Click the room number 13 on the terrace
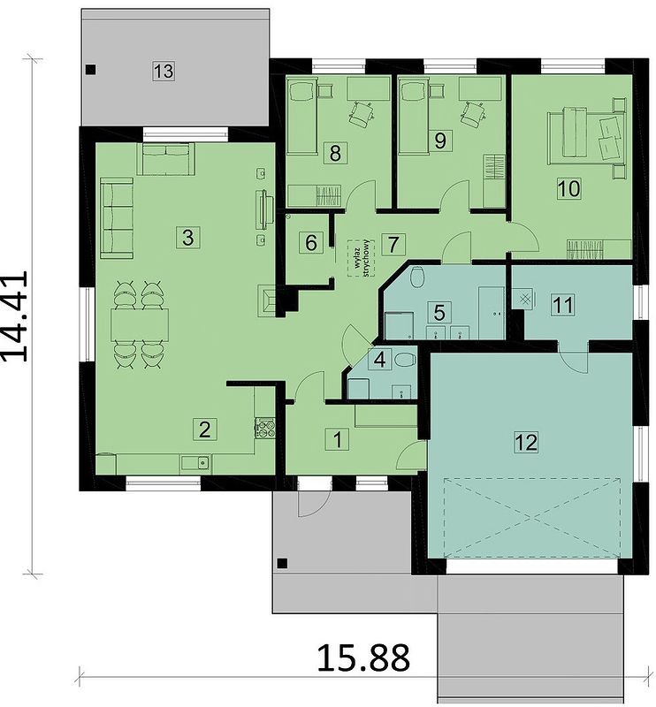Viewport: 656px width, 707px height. tap(164, 71)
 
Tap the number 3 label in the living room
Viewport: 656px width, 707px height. tap(188, 237)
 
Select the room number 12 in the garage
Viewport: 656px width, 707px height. tap(526, 442)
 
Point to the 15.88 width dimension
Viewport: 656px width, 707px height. tap(363, 658)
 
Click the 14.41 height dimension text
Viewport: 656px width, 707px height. tap(16, 316)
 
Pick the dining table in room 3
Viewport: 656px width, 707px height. tap(140, 324)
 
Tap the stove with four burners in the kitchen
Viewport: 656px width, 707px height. tap(265, 428)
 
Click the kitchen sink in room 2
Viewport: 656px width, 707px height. tap(195, 462)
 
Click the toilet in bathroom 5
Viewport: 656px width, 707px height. tap(417, 277)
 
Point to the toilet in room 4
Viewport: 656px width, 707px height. tap(405, 360)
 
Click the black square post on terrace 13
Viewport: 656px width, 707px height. tap(91, 70)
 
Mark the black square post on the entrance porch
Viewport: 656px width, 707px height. tap(282, 563)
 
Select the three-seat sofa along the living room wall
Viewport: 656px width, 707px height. tap(117, 218)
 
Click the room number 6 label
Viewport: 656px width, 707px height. tap(311, 242)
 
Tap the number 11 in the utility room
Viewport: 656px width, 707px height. tap(563, 305)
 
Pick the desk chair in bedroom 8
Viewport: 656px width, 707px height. tap(361, 113)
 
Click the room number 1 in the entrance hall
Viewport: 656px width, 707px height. tap(337, 439)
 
